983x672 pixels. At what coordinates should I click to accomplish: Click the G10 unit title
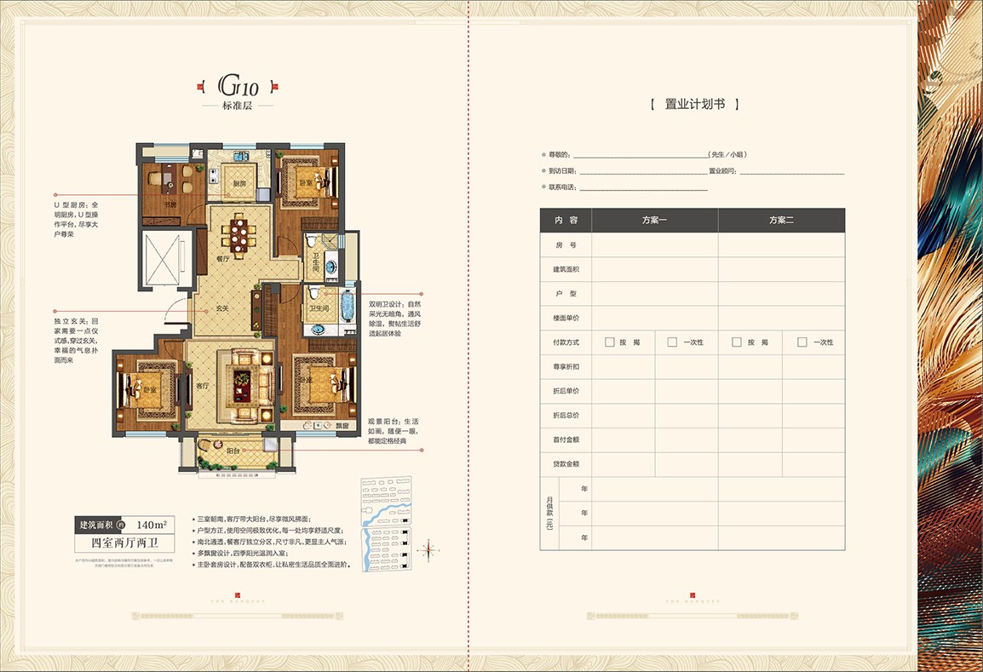[238, 85]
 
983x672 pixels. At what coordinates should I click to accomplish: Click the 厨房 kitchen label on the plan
[239, 184]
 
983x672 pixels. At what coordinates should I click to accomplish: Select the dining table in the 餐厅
[239, 235]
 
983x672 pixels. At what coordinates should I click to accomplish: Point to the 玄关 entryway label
[222, 308]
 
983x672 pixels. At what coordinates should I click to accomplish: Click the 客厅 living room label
[203, 385]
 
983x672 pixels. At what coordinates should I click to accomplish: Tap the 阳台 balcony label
[233, 450]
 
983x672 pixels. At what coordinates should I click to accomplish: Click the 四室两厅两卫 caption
[126, 542]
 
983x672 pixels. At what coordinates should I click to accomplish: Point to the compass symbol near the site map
[430, 549]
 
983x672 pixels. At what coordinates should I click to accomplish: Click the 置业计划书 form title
[693, 104]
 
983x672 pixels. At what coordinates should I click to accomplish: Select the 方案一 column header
[654, 220]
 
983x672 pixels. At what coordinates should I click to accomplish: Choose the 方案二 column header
[781, 220]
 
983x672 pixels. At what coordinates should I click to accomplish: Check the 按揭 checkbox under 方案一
[609, 342]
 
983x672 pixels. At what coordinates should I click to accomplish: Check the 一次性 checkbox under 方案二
[802, 342]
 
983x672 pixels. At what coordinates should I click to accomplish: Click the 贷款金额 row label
[566, 464]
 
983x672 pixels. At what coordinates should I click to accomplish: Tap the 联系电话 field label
[562, 187]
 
